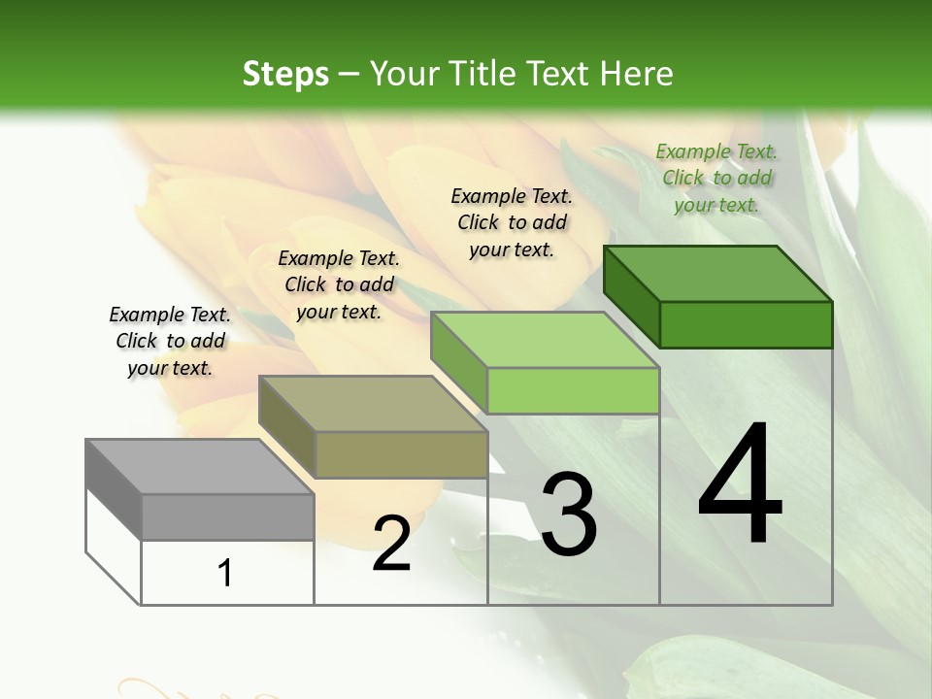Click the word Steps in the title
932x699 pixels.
click(x=285, y=74)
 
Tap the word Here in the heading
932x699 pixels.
click(x=637, y=74)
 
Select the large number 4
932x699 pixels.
click(x=740, y=486)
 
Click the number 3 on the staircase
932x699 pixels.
click(x=568, y=516)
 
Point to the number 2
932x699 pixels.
click(x=391, y=544)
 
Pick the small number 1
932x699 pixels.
click(x=225, y=573)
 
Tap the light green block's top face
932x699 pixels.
click(x=546, y=340)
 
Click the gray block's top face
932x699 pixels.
click(x=200, y=467)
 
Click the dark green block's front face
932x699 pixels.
click(x=746, y=324)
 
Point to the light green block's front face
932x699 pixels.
click(x=573, y=390)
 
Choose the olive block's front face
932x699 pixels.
click(x=401, y=454)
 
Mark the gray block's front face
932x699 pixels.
click(x=227, y=516)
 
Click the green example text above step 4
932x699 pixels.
click(x=716, y=178)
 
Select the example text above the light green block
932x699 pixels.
click(x=512, y=222)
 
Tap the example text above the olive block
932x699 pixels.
click(x=339, y=284)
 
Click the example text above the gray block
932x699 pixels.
click(x=170, y=341)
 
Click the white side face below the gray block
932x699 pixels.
click(x=113, y=544)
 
